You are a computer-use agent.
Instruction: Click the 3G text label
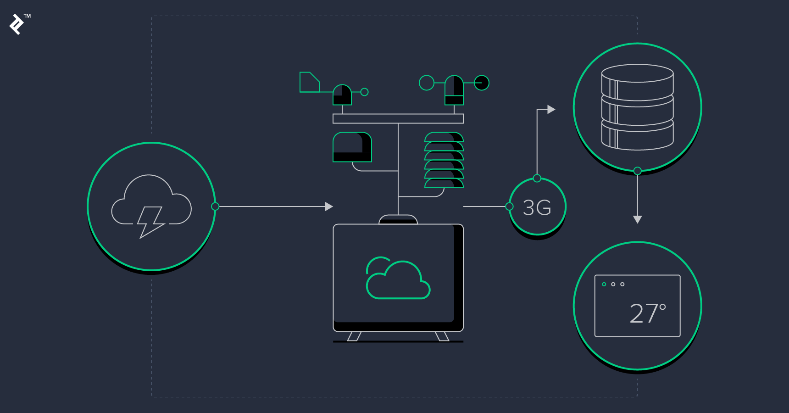537,208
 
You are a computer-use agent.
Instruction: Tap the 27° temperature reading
647,313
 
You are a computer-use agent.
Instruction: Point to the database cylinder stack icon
637,107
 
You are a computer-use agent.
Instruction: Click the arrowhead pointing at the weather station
329,206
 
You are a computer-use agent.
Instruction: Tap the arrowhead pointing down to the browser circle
637,219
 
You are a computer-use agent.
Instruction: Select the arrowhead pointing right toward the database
551,109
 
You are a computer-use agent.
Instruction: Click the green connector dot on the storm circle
215,206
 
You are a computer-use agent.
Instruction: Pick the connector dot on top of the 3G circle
537,179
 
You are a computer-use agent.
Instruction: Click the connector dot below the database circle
637,171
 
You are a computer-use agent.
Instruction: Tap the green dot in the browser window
604,285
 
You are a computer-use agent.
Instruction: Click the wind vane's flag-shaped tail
309,82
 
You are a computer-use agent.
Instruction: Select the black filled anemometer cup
482,83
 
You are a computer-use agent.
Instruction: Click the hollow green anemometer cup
427,83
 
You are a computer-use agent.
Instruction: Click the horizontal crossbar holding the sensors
398,119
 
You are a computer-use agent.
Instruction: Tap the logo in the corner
17,24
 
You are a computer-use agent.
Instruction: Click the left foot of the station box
354,336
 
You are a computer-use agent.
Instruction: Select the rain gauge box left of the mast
352,147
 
